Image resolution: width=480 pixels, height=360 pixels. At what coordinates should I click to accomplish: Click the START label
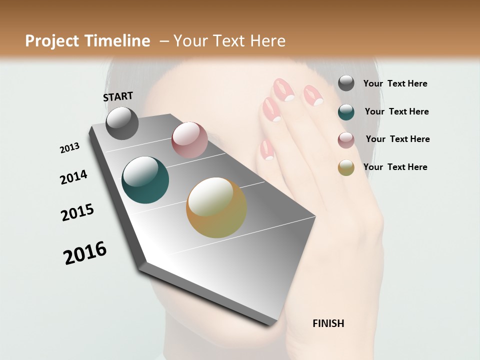pyautogui.click(x=118, y=96)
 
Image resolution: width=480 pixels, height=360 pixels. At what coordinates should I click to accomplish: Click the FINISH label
pyautogui.click(x=328, y=323)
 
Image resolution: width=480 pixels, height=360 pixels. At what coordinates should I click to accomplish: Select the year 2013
pyautogui.click(x=70, y=147)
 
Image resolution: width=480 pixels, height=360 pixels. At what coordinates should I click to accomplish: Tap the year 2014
pyautogui.click(x=73, y=177)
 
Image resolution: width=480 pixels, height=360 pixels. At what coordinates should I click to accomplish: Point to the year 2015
pyautogui.click(x=77, y=212)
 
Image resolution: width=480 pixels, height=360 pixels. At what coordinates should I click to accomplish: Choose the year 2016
pyautogui.click(x=85, y=252)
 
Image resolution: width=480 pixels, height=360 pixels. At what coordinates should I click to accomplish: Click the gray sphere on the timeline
pyautogui.click(x=122, y=123)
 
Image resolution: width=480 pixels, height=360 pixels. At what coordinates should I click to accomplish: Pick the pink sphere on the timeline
pyautogui.click(x=189, y=140)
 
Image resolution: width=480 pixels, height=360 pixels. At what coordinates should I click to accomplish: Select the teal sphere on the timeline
pyautogui.click(x=145, y=180)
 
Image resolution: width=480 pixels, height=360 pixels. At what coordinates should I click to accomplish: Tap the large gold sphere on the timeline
pyautogui.click(x=216, y=207)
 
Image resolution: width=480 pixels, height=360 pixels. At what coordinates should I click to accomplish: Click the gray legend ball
pyautogui.click(x=346, y=83)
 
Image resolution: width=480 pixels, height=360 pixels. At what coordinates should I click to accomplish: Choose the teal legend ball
pyautogui.click(x=346, y=111)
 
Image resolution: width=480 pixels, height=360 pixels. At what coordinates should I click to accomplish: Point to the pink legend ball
pyautogui.click(x=346, y=139)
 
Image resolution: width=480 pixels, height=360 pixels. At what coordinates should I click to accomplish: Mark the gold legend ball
pyautogui.click(x=346, y=167)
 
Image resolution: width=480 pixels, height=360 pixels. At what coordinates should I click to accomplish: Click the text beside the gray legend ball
pyautogui.click(x=395, y=83)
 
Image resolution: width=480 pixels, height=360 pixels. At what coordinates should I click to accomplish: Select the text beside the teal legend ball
pyautogui.click(x=396, y=111)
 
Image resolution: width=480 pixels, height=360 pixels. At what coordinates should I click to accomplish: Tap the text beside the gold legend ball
pyautogui.click(x=395, y=167)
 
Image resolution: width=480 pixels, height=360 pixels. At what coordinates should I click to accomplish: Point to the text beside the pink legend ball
pyautogui.click(x=397, y=139)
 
